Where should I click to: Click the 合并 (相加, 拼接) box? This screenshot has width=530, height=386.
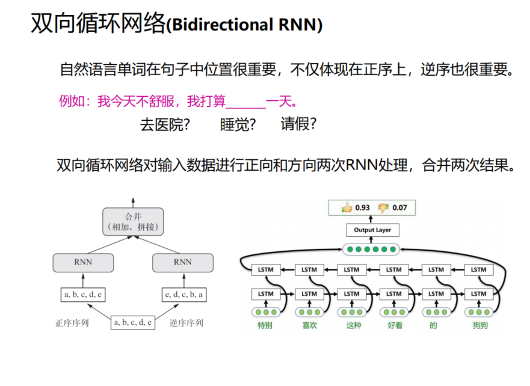click(132, 221)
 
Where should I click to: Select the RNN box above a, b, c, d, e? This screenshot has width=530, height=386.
click(83, 262)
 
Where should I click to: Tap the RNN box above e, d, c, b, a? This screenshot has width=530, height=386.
click(182, 262)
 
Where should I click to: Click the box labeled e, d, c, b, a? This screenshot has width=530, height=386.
click(183, 295)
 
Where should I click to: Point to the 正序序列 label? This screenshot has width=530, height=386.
click(72, 323)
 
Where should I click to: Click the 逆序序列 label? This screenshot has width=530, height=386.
click(186, 323)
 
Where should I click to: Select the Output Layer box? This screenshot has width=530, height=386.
click(372, 230)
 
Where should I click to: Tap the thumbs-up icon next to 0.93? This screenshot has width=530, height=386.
click(347, 208)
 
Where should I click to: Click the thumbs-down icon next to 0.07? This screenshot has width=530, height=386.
click(383, 208)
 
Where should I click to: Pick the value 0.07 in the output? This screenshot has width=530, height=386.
click(399, 208)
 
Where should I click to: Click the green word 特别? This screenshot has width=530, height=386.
click(265, 326)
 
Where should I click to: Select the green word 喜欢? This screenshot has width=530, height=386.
click(309, 326)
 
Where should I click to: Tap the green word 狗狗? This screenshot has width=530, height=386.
click(479, 326)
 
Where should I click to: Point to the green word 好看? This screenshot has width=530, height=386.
click(394, 326)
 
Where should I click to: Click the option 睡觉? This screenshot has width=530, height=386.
click(238, 124)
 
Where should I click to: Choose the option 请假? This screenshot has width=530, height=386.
click(298, 124)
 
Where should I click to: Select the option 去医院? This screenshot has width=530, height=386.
click(165, 124)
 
